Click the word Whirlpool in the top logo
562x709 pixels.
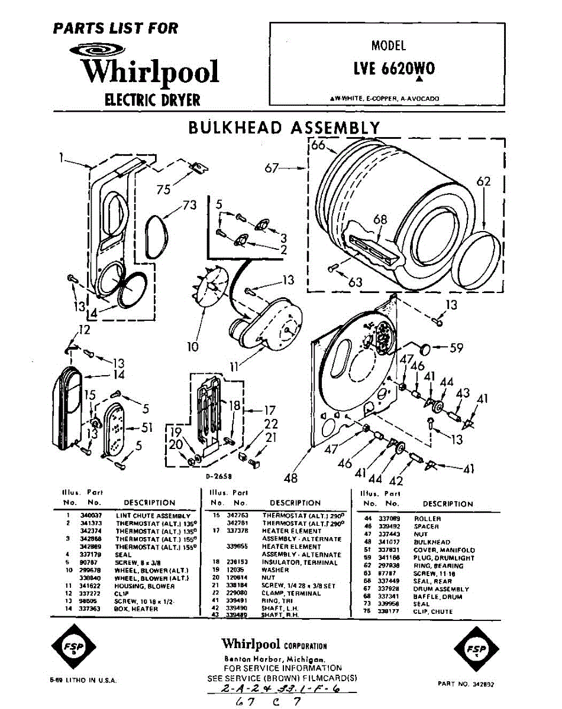coord(150,72)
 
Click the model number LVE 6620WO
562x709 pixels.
coord(393,69)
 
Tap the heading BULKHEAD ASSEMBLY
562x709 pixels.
coord(284,128)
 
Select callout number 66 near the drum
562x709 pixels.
coord(318,145)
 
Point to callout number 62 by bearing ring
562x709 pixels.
coord(484,182)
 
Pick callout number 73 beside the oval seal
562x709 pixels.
coord(189,205)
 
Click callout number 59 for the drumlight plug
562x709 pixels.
coord(456,348)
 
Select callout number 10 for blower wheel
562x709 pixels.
coord(193,347)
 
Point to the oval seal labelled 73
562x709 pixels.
coord(156,236)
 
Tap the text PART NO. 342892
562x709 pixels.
coord(466,684)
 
